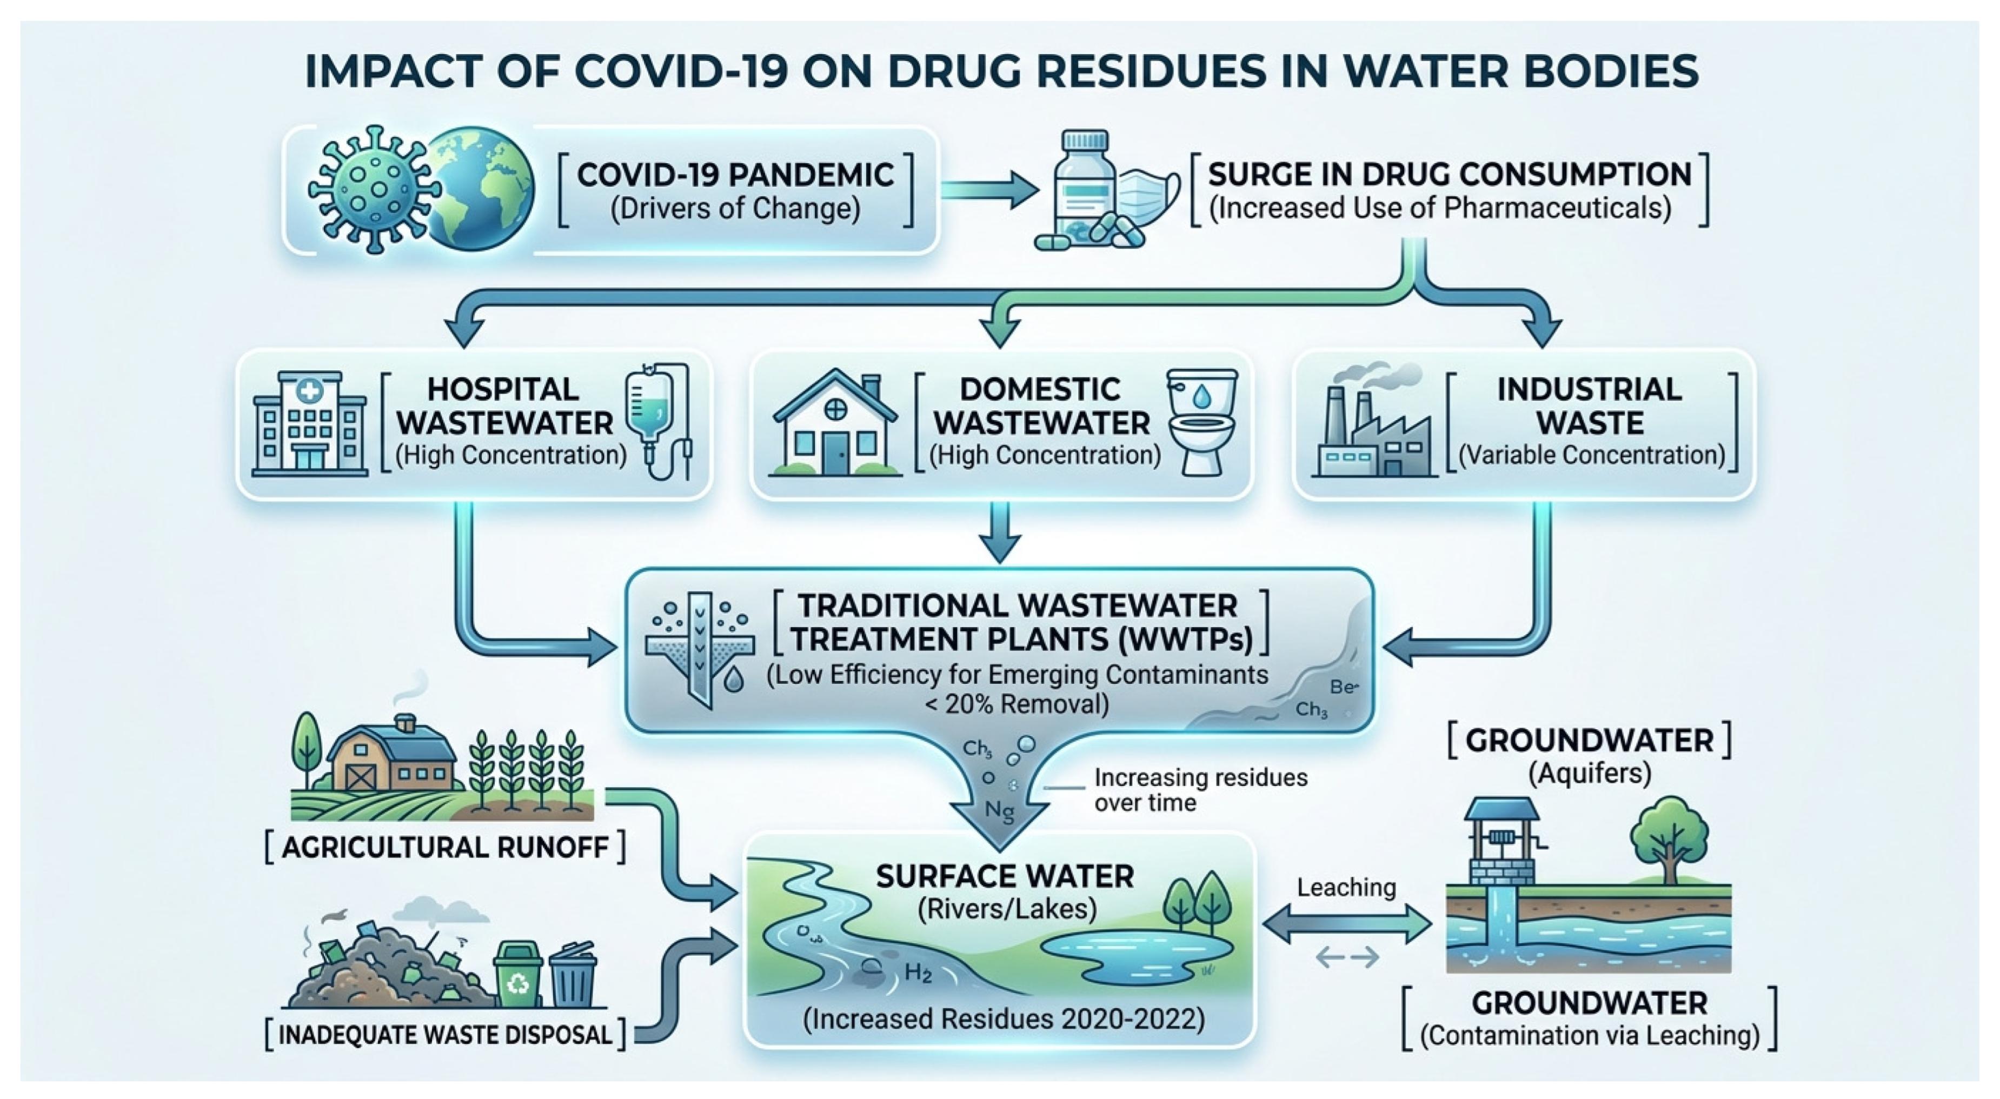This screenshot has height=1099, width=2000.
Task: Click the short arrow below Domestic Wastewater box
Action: click(1000, 531)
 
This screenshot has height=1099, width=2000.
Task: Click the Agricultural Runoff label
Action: click(445, 847)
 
